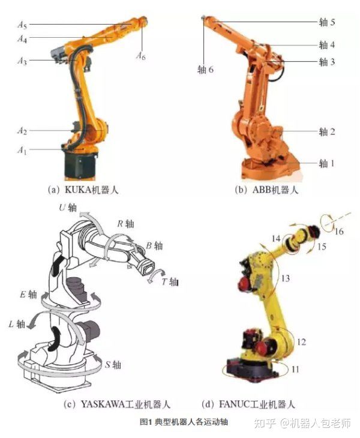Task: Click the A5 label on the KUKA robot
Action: click(x=22, y=25)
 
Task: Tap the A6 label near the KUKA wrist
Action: click(x=141, y=56)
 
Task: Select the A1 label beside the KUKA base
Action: click(x=22, y=151)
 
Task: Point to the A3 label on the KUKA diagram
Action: click(x=22, y=61)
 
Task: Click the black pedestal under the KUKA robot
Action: click(x=80, y=166)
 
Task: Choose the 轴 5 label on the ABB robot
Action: click(x=327, y=22)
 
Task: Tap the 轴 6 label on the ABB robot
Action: click(x=205, y=69)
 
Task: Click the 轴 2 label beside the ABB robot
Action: click(x=327, y=131)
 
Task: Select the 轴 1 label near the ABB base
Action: click(x=327, y=163)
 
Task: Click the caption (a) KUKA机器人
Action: click(x=83, y=190)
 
